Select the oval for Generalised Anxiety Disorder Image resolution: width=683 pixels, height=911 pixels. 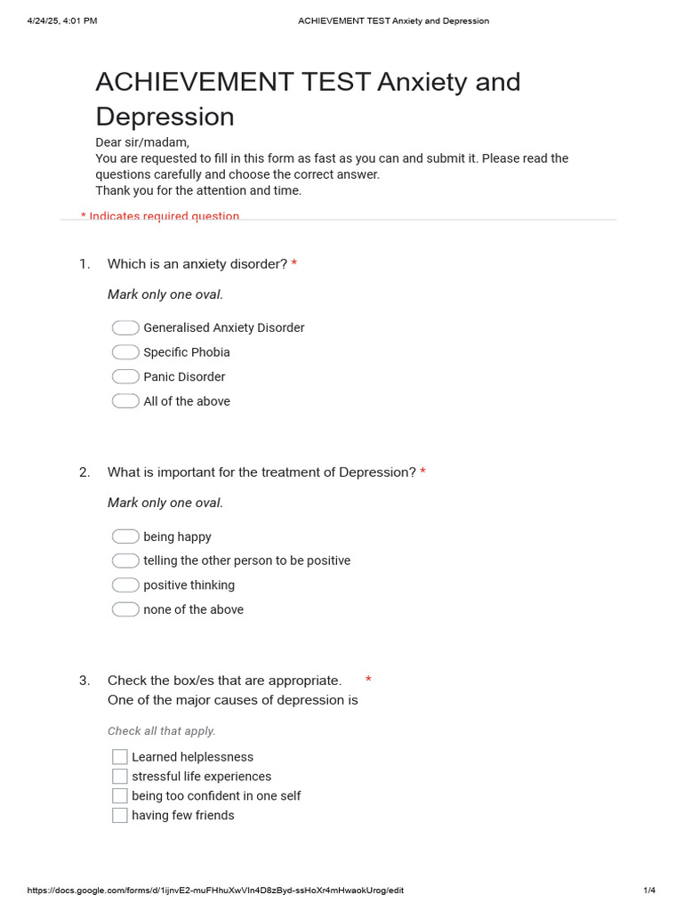click(x=125, y=327)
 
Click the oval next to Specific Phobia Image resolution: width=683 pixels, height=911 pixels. click(x=125, y=352)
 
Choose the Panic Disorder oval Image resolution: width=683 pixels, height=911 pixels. click(x=125, y=376)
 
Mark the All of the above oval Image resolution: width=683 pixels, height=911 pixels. click(x=125, y=401)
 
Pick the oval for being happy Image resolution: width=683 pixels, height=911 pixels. click(x=125, y=536)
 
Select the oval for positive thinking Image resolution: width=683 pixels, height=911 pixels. click(x=125, y=584)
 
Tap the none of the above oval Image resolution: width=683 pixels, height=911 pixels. click(x=125, y=609)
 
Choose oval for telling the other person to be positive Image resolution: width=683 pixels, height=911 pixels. click(x=125, y=560)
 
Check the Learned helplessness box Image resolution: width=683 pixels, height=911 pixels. click(x=120, y=757)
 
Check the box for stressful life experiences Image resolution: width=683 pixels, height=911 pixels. click(x=120, y=777)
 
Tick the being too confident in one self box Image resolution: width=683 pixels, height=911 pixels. click(x=120, y=796)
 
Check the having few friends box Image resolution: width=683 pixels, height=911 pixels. click(x=120, y=816)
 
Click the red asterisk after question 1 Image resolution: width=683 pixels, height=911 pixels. click(x=294, y=264)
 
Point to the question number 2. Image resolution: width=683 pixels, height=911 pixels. click(x=84, y=472)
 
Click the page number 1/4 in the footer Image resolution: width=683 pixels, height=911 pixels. click(x=649, y=891)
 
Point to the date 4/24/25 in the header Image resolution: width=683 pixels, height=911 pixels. click(x=49, y=20)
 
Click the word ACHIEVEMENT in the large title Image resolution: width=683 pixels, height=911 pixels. click(x=232, y=82)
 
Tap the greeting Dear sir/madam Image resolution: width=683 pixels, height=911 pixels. click(x=142, y=142)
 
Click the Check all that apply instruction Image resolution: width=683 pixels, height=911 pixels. click(x=161, y=731)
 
